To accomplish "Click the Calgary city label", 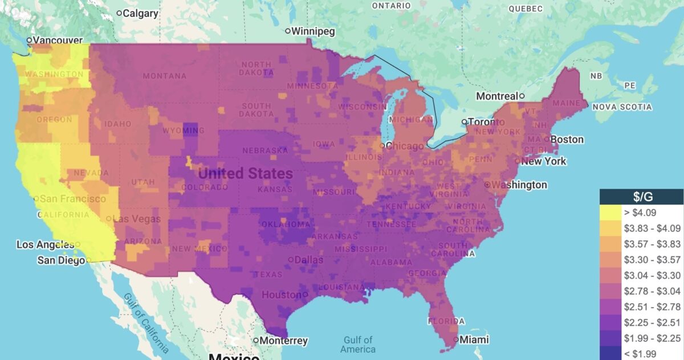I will click(141, 13).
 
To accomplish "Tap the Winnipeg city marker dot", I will click(288, 31).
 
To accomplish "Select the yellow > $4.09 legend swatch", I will click(609, 212).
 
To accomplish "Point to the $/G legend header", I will click(641, 197).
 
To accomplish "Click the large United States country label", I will click(246, 173).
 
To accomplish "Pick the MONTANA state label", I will click(164, 76).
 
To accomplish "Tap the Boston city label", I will click(567, 139).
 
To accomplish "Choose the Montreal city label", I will click(496, 96).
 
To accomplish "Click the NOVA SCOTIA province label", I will click(622, 107).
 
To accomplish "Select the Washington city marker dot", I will click(487, 185).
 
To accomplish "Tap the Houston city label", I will click(281, 294).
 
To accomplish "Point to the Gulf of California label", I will click(146, 322).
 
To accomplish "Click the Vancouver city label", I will click(58, 40).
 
